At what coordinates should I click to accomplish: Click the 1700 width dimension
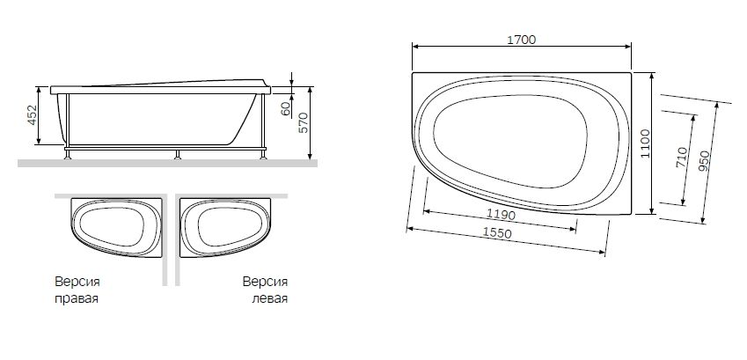(522, 40)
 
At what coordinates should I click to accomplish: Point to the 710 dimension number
(682, 158)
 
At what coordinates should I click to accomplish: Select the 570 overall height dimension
(304, 123)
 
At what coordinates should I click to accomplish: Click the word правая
(75, 298)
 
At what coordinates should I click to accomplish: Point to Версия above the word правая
(76, 283)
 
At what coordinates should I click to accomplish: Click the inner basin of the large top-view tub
(509, 140)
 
